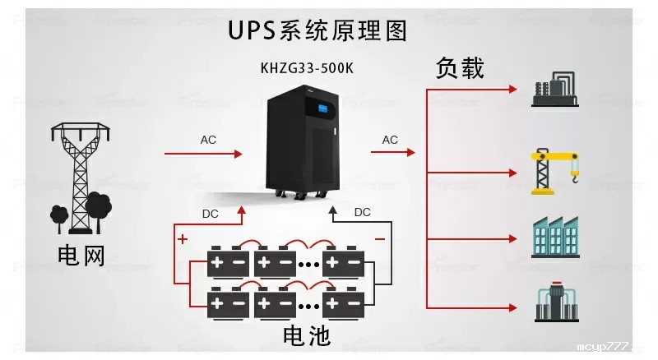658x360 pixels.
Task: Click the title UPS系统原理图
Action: [317, 31]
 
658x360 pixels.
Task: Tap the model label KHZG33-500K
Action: [308, 68]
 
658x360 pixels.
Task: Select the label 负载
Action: [460, 68]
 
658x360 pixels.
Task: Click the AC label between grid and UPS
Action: [209, 140]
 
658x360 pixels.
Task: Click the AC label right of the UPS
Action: [390, 140]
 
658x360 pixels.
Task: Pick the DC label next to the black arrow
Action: [362, 212]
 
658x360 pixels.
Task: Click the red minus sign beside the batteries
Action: [380, 238]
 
